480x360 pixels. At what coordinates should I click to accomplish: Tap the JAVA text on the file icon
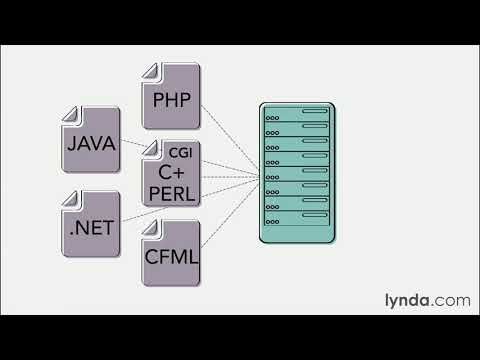91,144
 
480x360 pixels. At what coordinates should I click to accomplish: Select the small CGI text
180,153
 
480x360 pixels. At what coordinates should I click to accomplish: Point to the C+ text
172,171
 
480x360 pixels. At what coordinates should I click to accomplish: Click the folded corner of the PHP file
150,71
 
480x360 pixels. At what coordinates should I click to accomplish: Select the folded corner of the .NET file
71,195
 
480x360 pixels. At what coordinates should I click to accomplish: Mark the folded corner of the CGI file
150,149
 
